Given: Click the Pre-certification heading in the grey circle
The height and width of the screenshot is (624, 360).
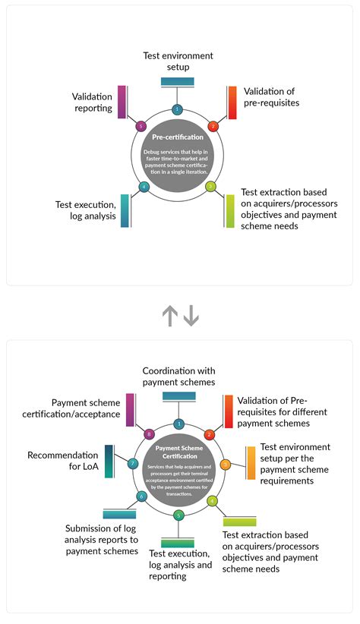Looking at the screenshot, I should pyautogui.click(x=178, y=137).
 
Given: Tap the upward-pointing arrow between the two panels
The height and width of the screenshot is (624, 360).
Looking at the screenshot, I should pyautogui.click(x=169, y=314).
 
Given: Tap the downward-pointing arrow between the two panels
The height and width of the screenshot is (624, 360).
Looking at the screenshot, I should pyautogui.click(x=191, y=314).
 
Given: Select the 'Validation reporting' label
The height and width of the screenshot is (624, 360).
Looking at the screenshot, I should pyautogui.click(x=92, y=102).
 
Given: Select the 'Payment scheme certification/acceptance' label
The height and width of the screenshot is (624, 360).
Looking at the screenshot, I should pyautogui.click(x=86, y=408).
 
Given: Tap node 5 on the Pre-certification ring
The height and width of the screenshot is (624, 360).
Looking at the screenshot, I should pyautogui.click(x=141, y=126).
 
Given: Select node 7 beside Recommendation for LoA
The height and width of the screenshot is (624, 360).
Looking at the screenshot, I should pyautogui.click(x=133, y=463).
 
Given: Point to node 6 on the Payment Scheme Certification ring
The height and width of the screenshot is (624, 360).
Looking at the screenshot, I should pyautogui.click(x=141, y=496).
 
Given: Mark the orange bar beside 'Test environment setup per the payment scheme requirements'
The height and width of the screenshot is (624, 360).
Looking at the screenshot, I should pyautogui.click(x=251, y=462).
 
